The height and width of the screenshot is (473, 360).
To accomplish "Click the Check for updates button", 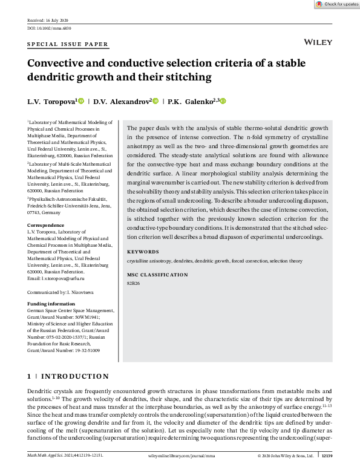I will click(336, 4).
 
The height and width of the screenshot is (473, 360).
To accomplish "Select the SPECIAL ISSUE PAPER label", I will click(68, 44).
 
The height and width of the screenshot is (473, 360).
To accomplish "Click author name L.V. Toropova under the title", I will click(51, 102).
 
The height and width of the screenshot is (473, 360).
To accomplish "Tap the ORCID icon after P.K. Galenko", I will click(223, 102).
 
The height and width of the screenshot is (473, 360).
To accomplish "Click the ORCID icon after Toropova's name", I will click(81, 102).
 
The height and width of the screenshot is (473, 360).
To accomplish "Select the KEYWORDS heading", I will click(143, 252).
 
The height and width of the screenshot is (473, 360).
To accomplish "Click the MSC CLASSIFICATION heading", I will click(157, 275).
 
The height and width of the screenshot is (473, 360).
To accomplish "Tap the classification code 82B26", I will click(134, 282).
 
